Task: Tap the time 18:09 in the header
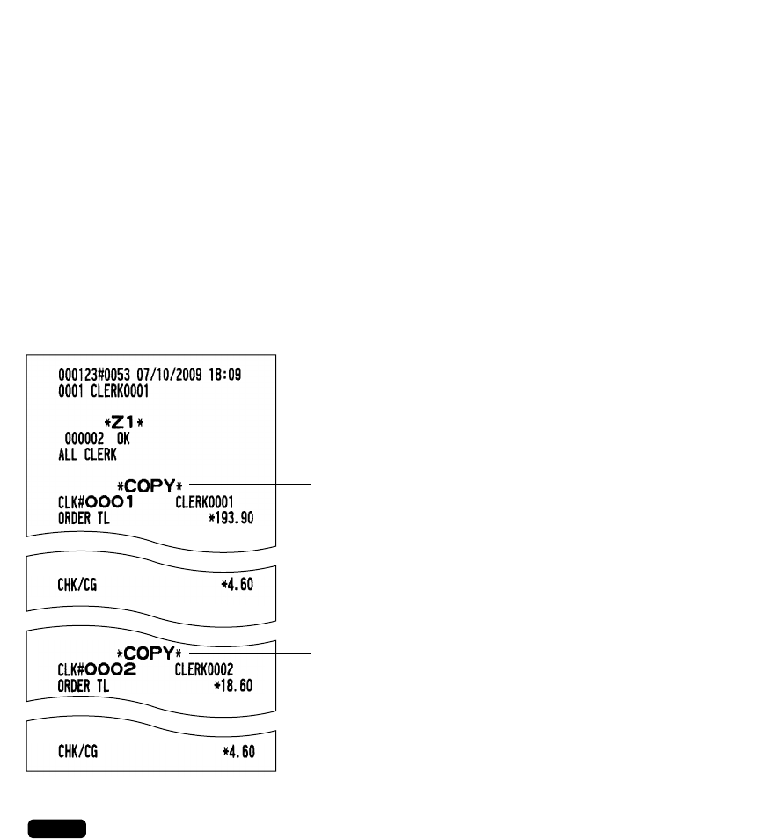pyautogui.click(x=224, y=375)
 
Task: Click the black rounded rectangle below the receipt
pyautogui.click(x=56, y=828)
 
